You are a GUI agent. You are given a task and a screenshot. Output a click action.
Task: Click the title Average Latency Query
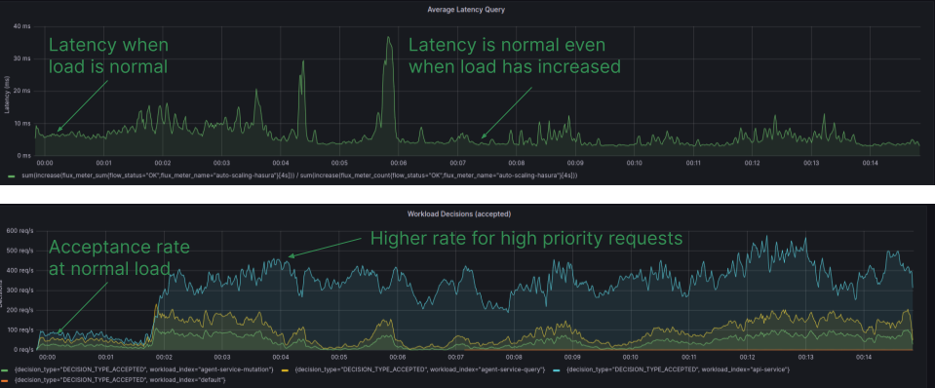tap(466, 10)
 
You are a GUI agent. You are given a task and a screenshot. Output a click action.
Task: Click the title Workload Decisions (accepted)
tap(465, 213)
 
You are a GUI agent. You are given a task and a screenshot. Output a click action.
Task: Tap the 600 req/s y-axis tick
tap(19, 231)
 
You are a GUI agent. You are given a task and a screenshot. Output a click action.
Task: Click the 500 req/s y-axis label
tap(19, 251)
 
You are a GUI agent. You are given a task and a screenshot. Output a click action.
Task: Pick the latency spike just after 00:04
tap(301, 64)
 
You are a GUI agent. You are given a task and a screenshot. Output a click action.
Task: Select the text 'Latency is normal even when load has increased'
tap(514, 56)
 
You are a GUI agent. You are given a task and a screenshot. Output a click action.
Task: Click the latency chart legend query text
tap(292, 175)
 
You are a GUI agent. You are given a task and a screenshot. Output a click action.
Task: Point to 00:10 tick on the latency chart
tap(634, 163)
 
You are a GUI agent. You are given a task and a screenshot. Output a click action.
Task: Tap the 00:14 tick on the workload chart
tap(863, 358)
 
